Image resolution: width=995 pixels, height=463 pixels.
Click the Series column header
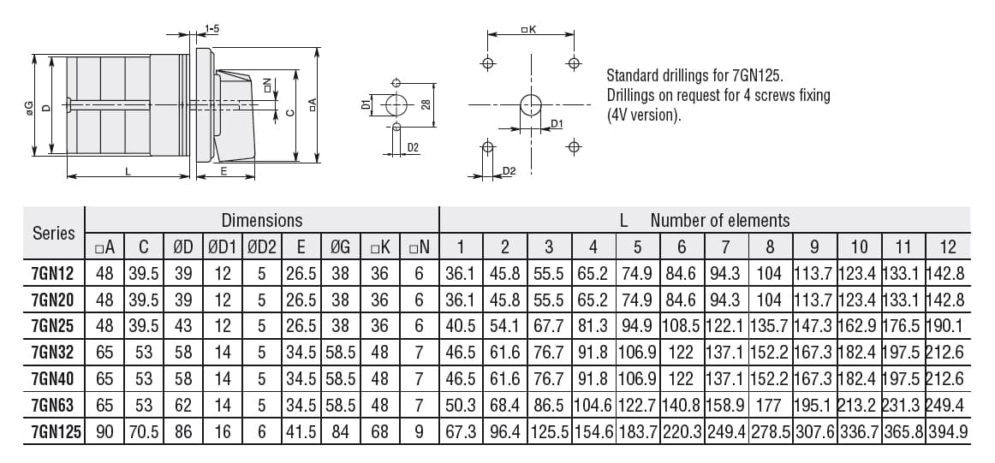[x=53, y=233]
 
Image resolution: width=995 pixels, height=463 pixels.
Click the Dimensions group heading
[x=261, y=220]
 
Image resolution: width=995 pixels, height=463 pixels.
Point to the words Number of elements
[x=719, y=220]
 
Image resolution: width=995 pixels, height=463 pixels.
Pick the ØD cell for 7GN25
[x=183, y=326]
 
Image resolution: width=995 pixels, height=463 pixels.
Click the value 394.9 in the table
[x=948, y=432]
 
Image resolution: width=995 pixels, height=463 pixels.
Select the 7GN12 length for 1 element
[x=461, y=274]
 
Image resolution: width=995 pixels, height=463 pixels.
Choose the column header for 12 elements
[x=948, y=247]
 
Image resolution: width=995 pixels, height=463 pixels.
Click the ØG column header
[x=340, y=247]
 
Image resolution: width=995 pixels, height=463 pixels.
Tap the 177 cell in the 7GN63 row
[x=770, y=405]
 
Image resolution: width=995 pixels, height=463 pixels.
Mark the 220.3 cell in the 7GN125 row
[x=682, y=432]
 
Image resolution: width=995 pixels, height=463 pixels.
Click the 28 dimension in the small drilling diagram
[x=426, y=104]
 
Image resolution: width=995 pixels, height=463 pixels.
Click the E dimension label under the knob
[x=223, y=171]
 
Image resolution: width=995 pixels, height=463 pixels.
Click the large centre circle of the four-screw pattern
[x=531, y=105]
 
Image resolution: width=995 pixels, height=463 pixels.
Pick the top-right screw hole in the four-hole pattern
[x=574, y=63]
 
